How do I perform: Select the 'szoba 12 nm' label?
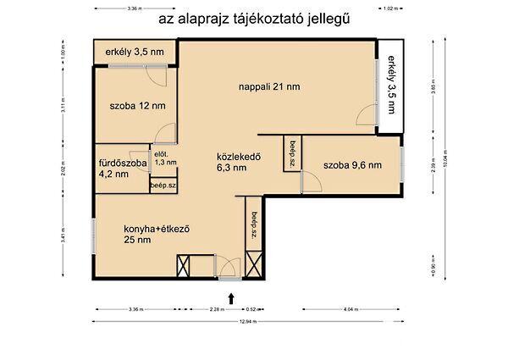137,106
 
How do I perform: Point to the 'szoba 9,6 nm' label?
352,165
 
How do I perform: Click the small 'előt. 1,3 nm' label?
166,157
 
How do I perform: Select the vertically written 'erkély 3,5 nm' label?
391,85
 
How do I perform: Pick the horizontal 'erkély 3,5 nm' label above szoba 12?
135,53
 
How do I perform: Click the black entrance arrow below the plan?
231,296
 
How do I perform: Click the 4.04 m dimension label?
352,310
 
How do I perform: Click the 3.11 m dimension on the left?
63,107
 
